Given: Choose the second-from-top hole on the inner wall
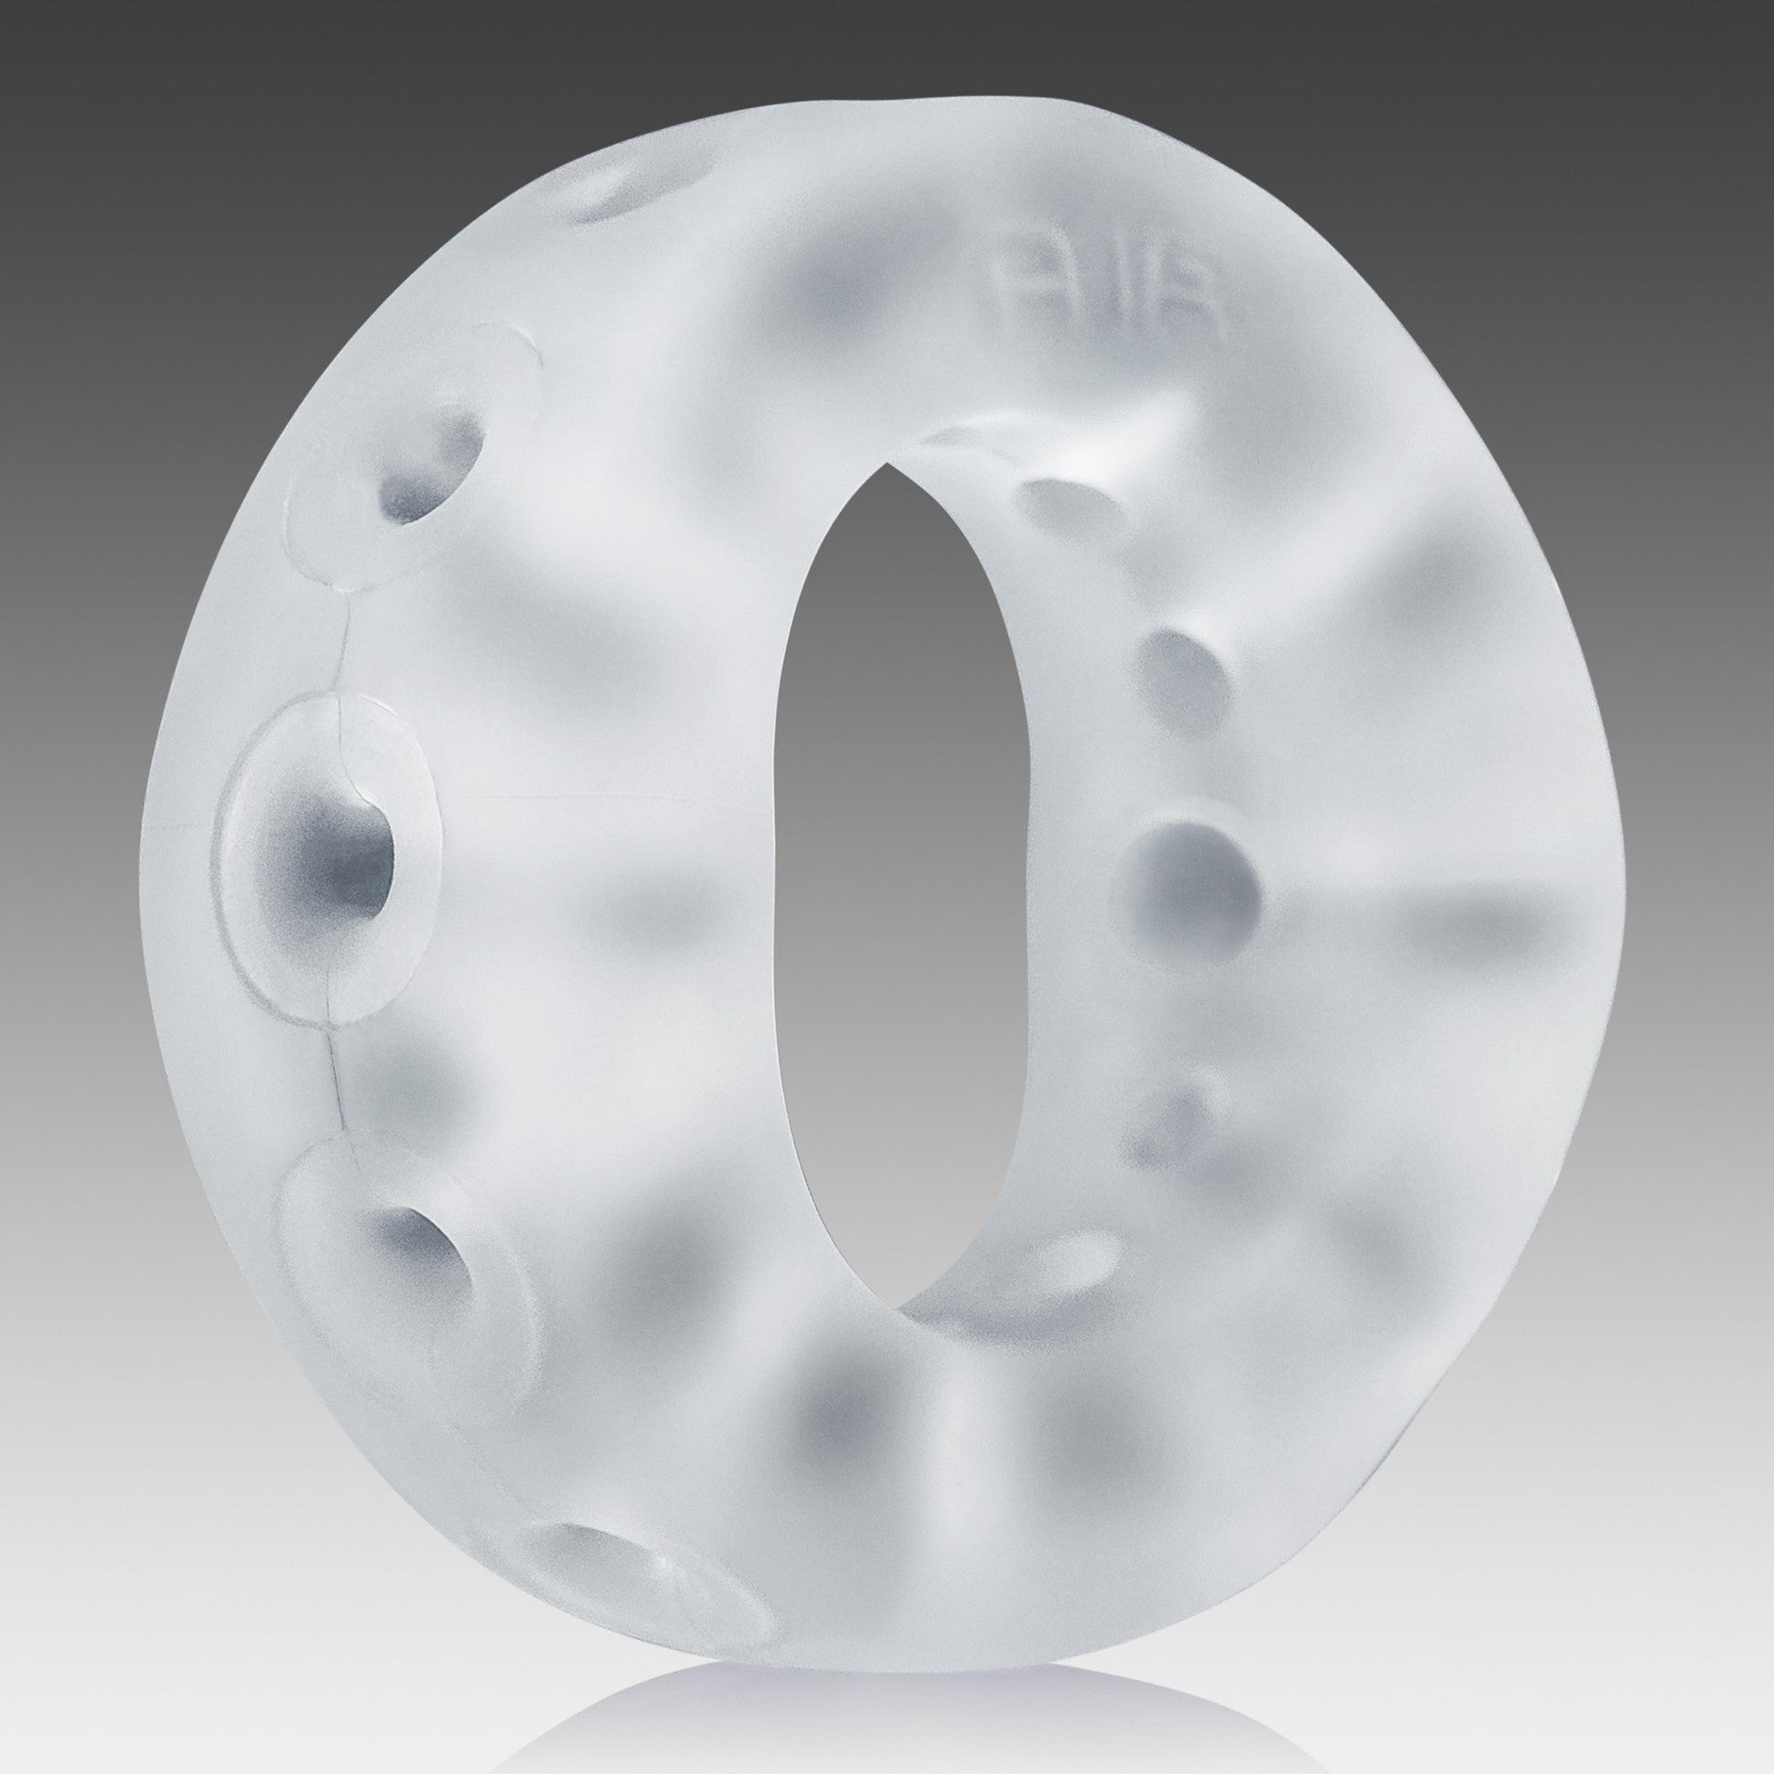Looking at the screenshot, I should [x=1174, y=661].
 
